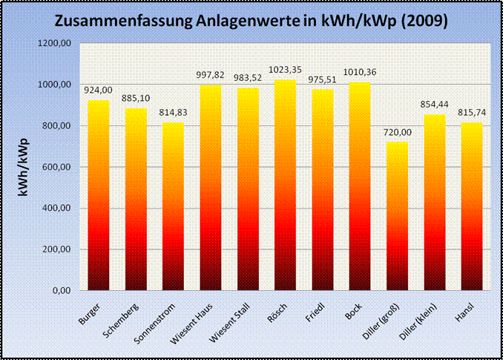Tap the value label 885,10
137,99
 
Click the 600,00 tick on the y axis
57,167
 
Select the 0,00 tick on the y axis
62,290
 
